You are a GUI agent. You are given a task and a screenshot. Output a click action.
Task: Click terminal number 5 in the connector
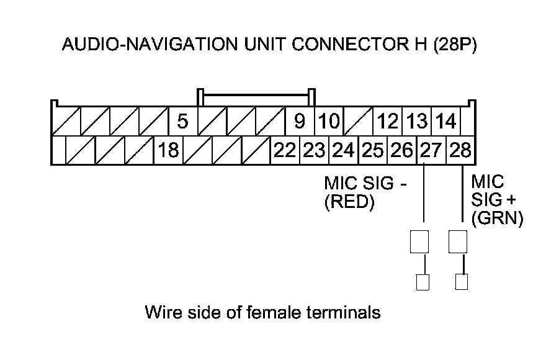[182, 121]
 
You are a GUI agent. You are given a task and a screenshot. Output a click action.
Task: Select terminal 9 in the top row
[299, 121]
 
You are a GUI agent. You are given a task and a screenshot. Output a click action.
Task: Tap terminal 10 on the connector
[329, 121]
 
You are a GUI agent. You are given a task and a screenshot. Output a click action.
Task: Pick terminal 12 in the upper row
[388, 121]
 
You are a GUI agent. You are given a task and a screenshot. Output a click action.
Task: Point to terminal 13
[417, 121]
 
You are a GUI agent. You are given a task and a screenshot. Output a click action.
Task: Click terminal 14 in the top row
[445, 121]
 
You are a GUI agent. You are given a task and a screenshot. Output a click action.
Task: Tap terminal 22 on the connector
[285, 150]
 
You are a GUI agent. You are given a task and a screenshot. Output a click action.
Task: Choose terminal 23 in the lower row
[314, 150]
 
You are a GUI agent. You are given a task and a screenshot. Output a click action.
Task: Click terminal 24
[343, 150]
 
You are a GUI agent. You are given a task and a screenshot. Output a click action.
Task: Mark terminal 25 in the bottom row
[372, 150]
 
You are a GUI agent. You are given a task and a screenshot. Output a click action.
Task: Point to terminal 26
[402, 150]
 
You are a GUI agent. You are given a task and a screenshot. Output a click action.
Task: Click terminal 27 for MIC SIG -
[431, 150]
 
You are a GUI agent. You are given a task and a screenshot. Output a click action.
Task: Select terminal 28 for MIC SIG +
[460, 150]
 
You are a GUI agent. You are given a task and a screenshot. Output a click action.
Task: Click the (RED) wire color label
[350, 203]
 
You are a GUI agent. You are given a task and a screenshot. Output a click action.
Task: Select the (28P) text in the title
[455, 45]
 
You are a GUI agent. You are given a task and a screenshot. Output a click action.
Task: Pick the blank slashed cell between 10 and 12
[358, 121]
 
